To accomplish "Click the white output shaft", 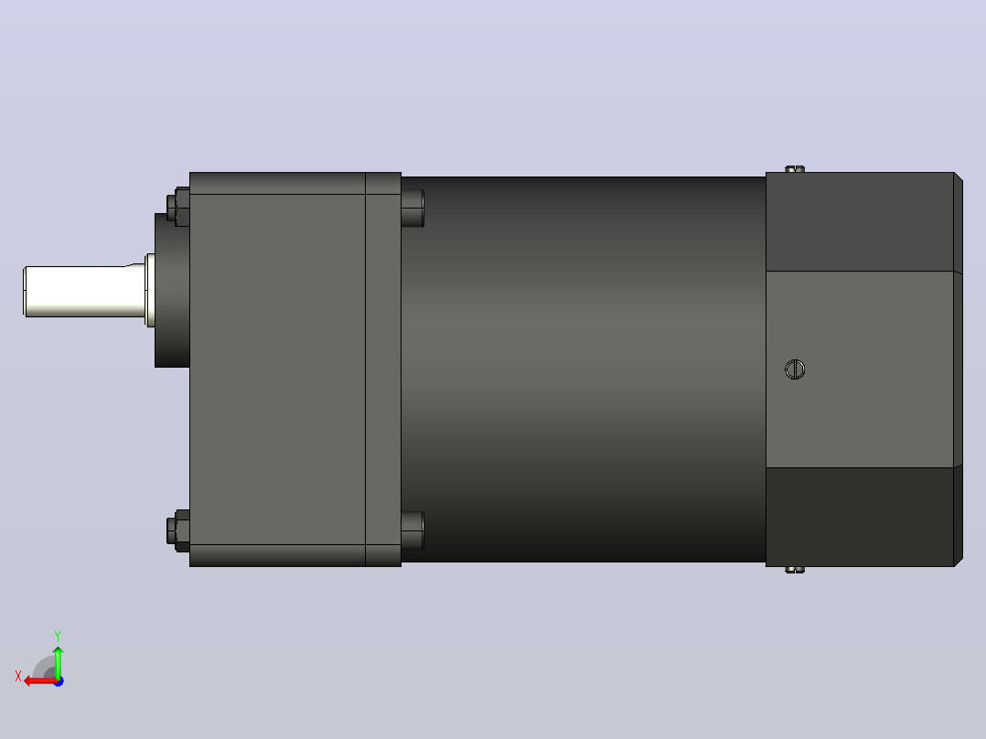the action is [85, 291].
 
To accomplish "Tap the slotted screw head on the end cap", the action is [795, 369].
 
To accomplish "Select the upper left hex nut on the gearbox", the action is [178, 207].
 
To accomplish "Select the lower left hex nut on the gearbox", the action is [178, 530].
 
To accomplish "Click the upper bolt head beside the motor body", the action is [413, 209].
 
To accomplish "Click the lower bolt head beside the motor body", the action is [413, 530].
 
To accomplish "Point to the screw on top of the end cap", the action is [795, 168].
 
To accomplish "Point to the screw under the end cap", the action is [795, 570].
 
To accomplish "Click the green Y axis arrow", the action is [58, 662].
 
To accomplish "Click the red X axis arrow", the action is [41, 681].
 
